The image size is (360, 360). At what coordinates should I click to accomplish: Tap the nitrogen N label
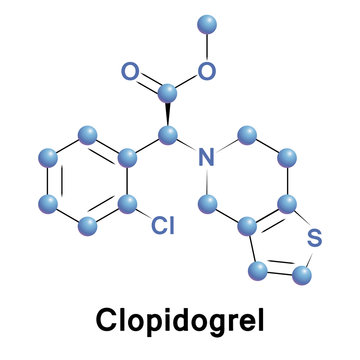(207, 157)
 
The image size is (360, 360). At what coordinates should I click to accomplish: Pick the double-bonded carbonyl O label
(129, 71)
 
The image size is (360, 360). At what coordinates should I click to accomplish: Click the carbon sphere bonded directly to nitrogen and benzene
(168, 133)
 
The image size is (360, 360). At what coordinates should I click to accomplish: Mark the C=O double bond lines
(148, 82)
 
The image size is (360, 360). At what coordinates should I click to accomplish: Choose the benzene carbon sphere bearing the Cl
(127, 204)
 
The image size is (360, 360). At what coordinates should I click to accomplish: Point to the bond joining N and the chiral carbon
(187, 144)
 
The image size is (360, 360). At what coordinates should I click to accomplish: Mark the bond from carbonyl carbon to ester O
(188, 83)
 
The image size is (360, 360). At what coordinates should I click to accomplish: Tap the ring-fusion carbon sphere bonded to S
(288, 204)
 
